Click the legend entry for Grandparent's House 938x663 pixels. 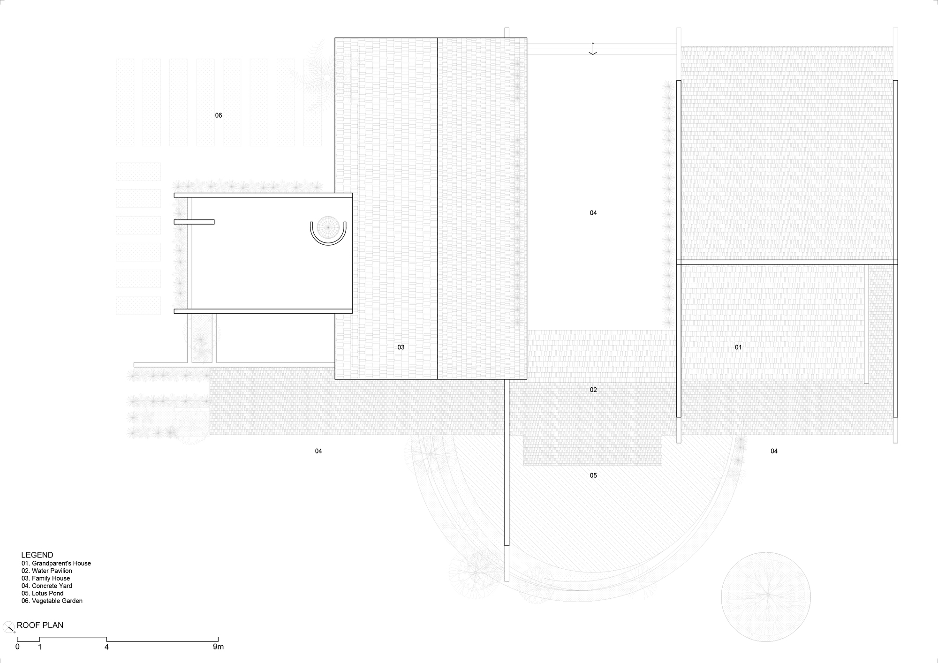click(56, 563)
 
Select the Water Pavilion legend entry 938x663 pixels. click(47, 571)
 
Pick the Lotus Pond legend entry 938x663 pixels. click(43, 593)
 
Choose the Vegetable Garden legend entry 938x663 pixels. click(52, 601)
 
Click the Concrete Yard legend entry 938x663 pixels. click(47, 586)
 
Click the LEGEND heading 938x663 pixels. click(37, 555)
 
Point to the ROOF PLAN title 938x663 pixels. click(40, 625)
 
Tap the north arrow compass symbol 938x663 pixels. click(8, 627)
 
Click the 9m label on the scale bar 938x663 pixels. click(218, 647)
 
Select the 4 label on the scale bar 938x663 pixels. click(106, 647)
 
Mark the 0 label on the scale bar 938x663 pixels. click(17, 647)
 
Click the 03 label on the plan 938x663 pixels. click(401, 347)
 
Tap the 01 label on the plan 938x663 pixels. click(738, 347)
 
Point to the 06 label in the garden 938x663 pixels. click(219, 115)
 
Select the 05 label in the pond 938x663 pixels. click(593, 475)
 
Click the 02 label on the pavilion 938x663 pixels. click(593, 390)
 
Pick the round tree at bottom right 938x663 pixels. click(765, 596)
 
